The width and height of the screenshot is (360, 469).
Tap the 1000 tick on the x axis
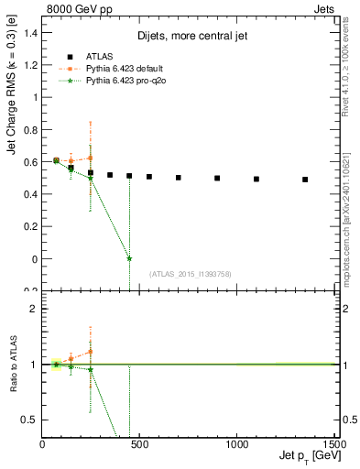[236, 444]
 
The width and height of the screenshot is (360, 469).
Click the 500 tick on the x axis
[139, 444]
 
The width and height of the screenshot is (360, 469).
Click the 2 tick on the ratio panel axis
[34, 309]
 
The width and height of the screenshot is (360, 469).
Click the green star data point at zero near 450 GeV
[129, 258]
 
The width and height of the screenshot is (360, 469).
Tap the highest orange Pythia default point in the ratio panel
[90, 351]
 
